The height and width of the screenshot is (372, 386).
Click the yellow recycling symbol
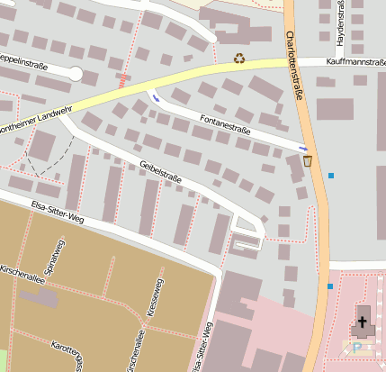[x=239, y=59]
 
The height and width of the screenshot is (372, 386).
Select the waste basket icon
[x=308, y=161]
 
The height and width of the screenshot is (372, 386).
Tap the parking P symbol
[x=357, y=346]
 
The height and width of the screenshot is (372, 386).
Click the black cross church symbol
[x=364, y=321]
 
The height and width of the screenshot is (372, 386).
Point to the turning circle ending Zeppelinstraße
[x=76, y=74]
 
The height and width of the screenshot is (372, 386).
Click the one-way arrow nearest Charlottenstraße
[x=303, y=148]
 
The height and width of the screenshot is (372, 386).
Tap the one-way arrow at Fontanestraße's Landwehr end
[x=157, y=97]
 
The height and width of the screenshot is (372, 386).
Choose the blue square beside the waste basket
[x=331, y=175]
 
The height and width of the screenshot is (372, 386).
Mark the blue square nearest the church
[x=330, y=286]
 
